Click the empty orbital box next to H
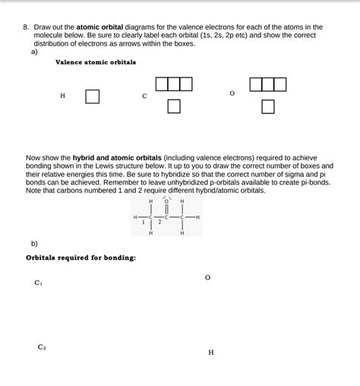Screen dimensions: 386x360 tap(92, 96)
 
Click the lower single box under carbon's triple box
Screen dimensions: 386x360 tap(174, 106)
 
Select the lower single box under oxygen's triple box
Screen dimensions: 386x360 tap(267, 106)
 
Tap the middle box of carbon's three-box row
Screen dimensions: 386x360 tap(174, 84)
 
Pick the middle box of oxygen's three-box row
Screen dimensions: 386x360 tap(267, 84)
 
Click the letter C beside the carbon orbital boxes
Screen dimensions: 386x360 tap(144, 96)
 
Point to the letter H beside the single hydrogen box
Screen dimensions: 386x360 tap(62, 96)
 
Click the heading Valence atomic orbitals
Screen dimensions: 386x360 tap(96, 62)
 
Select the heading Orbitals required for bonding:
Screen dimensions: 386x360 tap(81, 257)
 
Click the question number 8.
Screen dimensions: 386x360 tap(25, 27)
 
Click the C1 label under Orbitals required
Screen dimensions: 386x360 tap(39, 283)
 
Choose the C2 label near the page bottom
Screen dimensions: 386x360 tap(42, 346)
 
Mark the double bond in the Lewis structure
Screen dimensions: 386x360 tap(166, 210)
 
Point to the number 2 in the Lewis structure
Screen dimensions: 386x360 tap(159, 222)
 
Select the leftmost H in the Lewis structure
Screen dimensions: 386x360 tap(135, 217)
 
